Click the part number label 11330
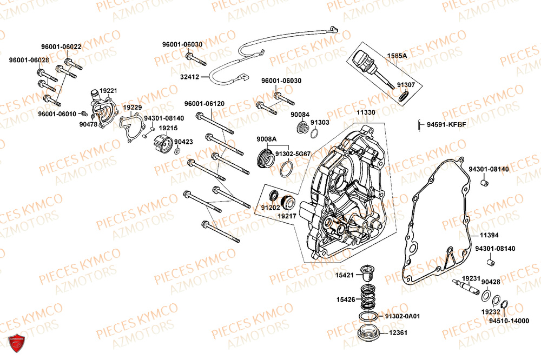pyautogui.click(x=366, y=112)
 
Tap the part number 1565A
pyautogui.click(x=396, y=56)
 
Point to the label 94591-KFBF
pyautogui.click(x=446, y=125)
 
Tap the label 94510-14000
pyautogui.click(x=509, y=321)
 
